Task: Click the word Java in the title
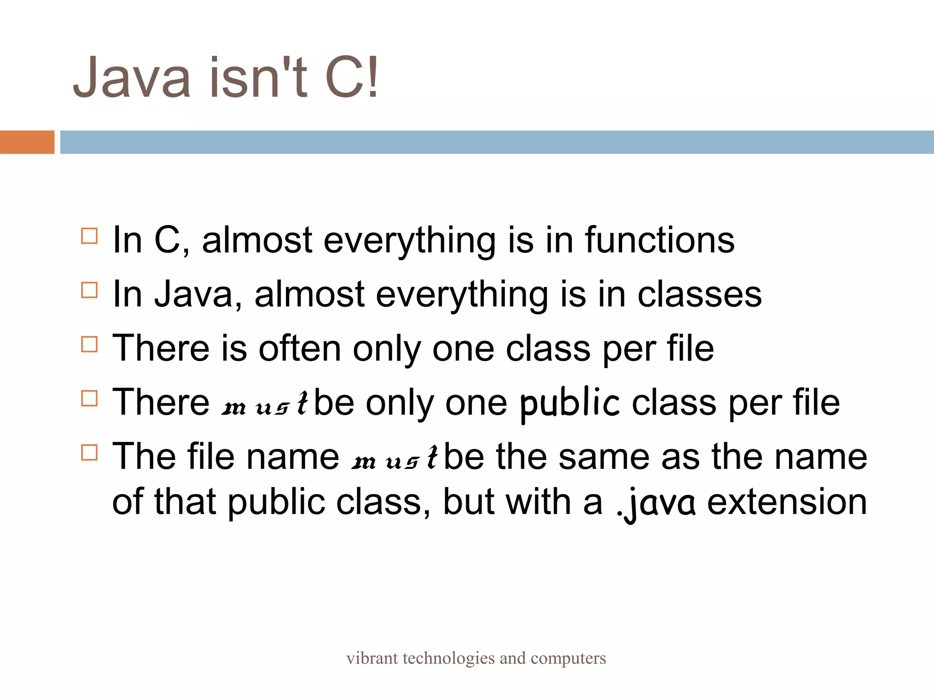(132, 77)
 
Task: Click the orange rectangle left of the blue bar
(27, 142)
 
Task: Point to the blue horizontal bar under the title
(496, 142)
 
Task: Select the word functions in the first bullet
(659, 240)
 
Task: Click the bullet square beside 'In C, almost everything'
(89, 237)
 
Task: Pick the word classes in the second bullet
(699, 294)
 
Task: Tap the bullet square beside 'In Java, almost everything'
(89, 290)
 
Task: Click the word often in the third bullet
(300, 349)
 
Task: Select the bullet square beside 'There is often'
(89, 344)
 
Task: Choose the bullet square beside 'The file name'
(89, 453)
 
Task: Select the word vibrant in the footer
(372, 659)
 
